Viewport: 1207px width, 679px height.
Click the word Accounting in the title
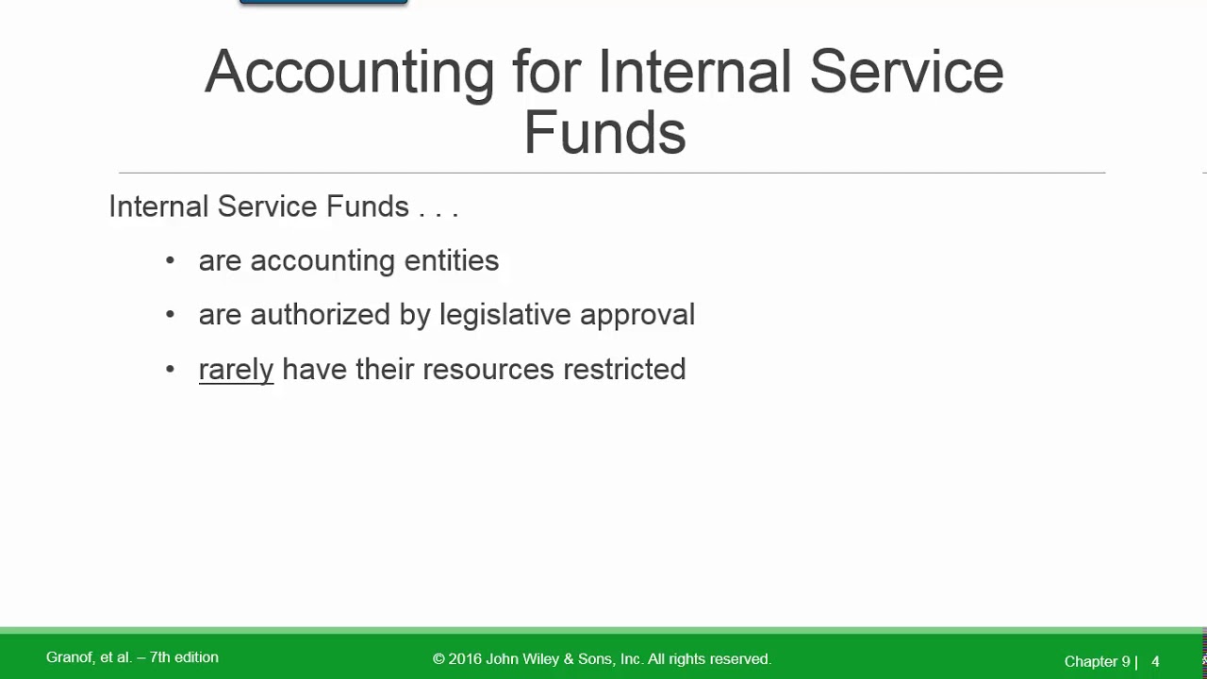tap(349, 73)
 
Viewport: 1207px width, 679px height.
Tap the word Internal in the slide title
tap(695, 73)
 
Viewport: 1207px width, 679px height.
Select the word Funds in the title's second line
tap(604, 133)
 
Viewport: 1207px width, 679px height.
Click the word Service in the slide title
tap(906, 73)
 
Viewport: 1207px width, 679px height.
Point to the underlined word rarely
tap(236, 369)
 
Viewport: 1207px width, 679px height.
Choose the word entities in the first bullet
tap(451, 260)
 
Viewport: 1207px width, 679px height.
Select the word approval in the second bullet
tap(637, 315)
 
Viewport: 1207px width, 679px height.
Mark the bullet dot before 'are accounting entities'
tap(170, 260)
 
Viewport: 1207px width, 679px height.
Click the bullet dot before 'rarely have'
tap(170, 369)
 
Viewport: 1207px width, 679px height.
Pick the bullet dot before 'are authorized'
tap(170, 315)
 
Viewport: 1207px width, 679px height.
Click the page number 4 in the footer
tap(1155, 662)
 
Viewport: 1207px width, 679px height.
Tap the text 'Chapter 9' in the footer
tap(1097, 662)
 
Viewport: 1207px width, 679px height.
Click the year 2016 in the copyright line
tap(465, 659)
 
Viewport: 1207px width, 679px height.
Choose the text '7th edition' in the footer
tap(184, 657)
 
